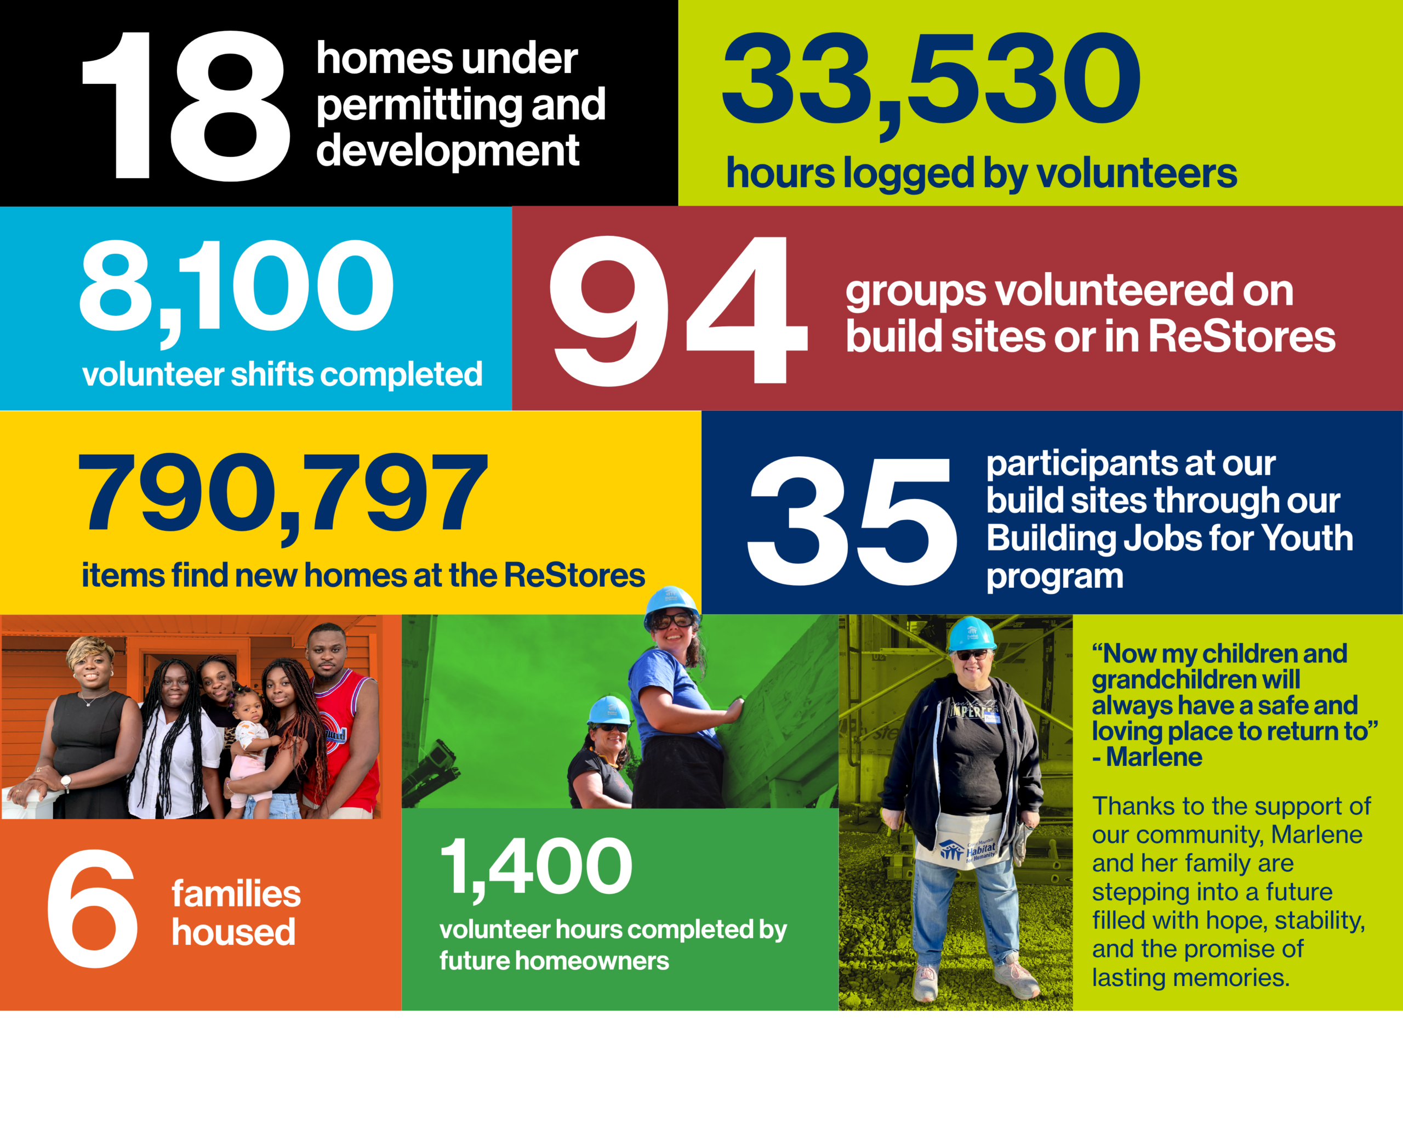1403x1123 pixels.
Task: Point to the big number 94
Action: [678, 310]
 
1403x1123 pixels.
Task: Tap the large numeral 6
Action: [93, 908]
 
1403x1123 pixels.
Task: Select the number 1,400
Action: [536, 869]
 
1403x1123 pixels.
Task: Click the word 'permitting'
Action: [418, 107]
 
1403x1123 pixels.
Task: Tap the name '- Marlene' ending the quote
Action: [1147, 757]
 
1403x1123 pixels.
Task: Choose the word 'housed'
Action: [233, 932]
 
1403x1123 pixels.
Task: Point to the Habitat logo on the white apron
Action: [968, 852]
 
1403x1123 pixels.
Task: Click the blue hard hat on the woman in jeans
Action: [971, 633]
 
